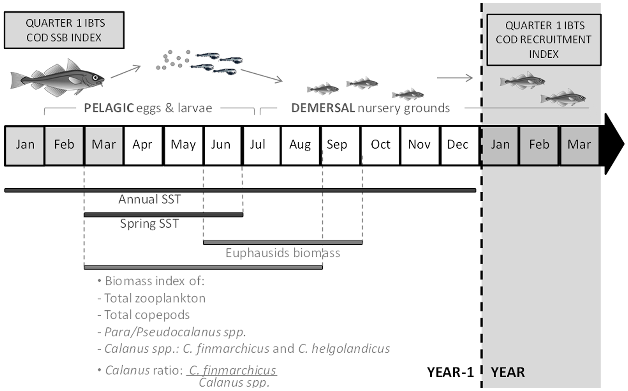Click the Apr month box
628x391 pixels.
point(143,145)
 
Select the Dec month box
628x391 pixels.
point(458,145)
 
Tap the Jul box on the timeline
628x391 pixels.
point(261,145)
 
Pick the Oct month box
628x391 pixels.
point(380,145)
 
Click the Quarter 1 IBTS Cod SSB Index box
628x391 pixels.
point(64,30)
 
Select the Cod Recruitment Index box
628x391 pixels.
point(543,40)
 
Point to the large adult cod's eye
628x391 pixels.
point(95,78)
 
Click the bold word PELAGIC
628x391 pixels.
point(109,108)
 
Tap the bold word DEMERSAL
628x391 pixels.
point(323,108)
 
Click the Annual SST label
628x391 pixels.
point(150,200)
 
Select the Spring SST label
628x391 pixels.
point(150,224)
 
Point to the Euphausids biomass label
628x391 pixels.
point(283,253)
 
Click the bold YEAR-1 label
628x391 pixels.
point(450,372)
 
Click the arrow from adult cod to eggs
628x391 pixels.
point(125,72)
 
